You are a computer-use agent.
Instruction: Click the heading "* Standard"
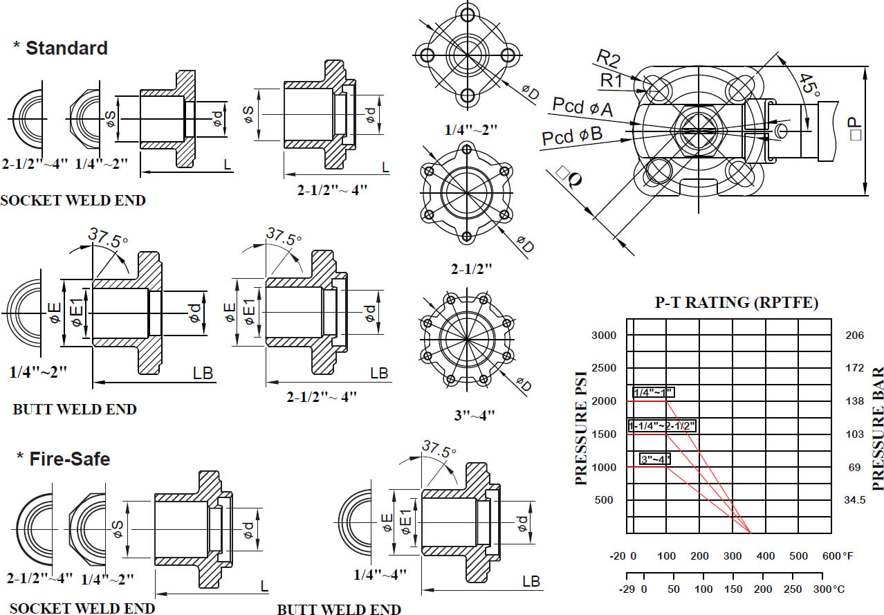(x=61, y=48)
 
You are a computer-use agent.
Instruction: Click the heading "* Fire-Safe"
(x=63, y=459)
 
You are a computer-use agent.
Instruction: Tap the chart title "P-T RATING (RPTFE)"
(x=737, y=302)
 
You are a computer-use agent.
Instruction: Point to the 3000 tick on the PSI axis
(x=603, y=336)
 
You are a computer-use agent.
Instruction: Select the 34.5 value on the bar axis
(x=855, y=500)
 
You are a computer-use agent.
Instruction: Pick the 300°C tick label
(x=829, y=589)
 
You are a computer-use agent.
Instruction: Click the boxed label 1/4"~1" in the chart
(x=653, y=393)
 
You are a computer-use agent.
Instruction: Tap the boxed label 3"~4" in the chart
(x=655, y=458)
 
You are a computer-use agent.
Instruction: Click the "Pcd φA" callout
(x=582, y=107)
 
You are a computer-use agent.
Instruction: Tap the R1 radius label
(x=611, y=80)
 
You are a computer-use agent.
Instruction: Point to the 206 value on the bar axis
(x=855, y=336)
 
